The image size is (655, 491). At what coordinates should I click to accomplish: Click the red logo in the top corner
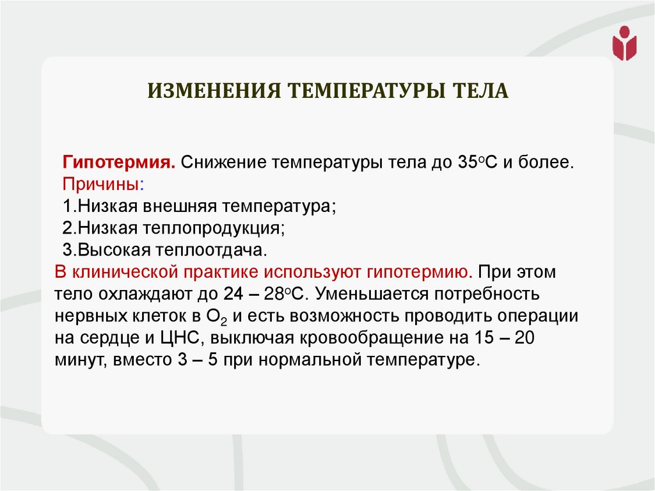[x=624, y=43]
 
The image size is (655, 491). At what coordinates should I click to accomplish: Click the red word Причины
[x=101, y=184]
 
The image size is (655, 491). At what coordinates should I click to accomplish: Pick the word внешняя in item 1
[x=182, y=206]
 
